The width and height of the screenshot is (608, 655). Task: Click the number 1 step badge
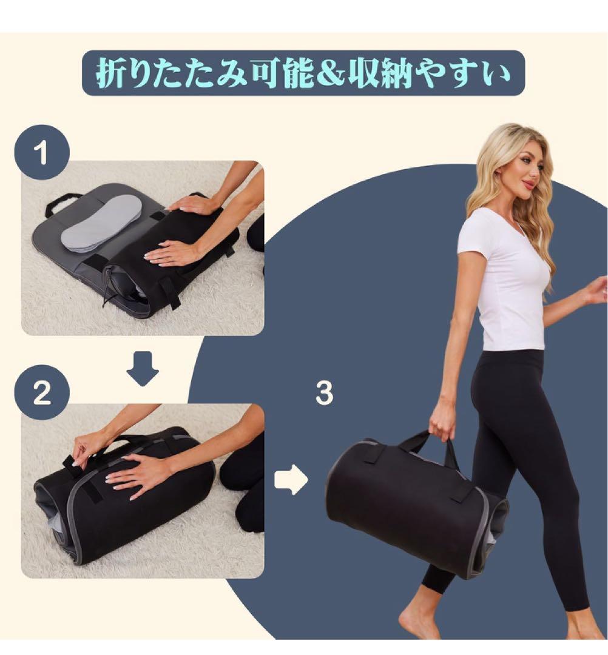click(x=42, y=152)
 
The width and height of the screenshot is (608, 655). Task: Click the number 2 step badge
click(x=42, y=393)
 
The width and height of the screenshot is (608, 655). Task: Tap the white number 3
click(x=324, y=394)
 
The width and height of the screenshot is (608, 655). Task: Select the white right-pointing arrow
click(x=291, y=480)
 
